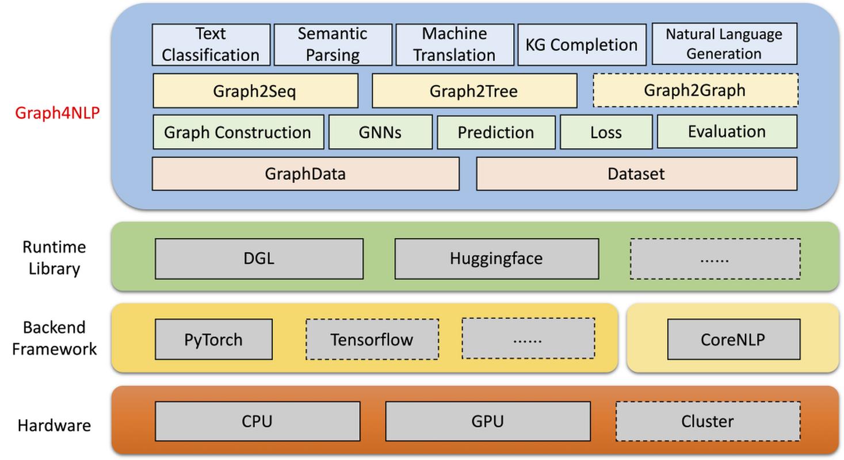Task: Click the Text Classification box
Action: [211, 44]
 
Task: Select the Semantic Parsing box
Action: [333, 44]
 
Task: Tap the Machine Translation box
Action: [455, 44]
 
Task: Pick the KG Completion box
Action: [582, 44]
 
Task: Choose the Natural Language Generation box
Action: [724, 44]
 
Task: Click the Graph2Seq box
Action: [255, 91]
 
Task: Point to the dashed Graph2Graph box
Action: [695, 90]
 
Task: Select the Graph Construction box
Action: [238, 132]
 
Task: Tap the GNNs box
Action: [380, 132]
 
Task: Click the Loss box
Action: [606, 132]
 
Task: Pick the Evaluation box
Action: [727, 132]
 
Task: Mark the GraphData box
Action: [305, 174]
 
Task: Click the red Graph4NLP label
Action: [58, 113]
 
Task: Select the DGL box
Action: [259, 259]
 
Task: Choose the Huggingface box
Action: [496, 259]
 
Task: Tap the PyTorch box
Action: [213, 339]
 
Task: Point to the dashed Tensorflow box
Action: [372, 339]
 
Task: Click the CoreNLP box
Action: [733, 339]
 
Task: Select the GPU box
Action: [487, 421]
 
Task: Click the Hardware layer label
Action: [54, 425]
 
